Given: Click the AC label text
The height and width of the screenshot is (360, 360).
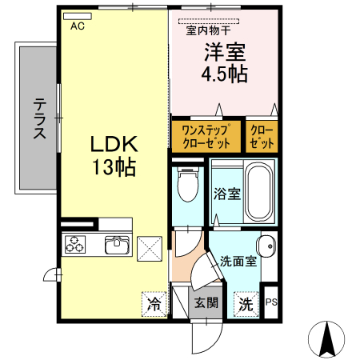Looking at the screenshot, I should pyautogui.click(x=78, y=26).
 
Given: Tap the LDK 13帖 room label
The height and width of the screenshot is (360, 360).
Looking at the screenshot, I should pyautogui.click(x=114, y=156).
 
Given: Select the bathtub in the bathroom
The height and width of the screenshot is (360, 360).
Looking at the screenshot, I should pyautogui.click(x=257, y=192).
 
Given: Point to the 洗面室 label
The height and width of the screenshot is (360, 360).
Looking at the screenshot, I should pyautogui.click(x=238, y=260).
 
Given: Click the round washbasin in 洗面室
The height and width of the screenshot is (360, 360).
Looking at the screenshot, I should pyautogui.click(x=266, y=245).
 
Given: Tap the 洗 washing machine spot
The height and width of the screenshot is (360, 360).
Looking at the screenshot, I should pyautogui.click(x=246, y=304).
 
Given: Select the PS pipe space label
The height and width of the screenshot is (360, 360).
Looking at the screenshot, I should pyautogui.click(x=271, y=302).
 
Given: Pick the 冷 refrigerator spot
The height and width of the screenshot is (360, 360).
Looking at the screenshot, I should pyautogui.click(x=154, y=303).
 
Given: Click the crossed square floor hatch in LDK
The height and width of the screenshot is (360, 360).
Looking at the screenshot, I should pyautogui.click(x=150, y=248).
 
